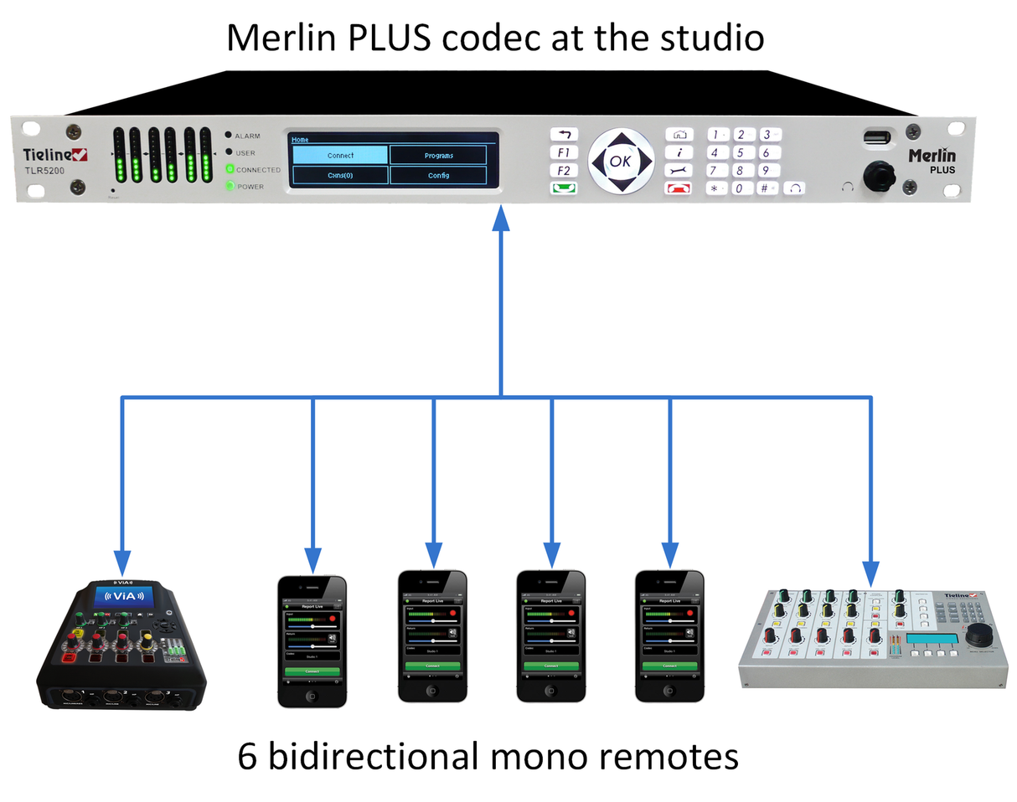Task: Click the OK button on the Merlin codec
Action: (620, 162)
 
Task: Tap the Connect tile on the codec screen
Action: (339, 155)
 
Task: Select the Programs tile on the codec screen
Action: (438, 155)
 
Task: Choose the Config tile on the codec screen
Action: (438, 175)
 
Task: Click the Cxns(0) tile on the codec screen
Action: (339, 175)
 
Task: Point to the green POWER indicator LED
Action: (229, 186)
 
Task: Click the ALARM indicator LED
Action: (228, 135)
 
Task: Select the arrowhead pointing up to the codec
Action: (501, 219)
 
